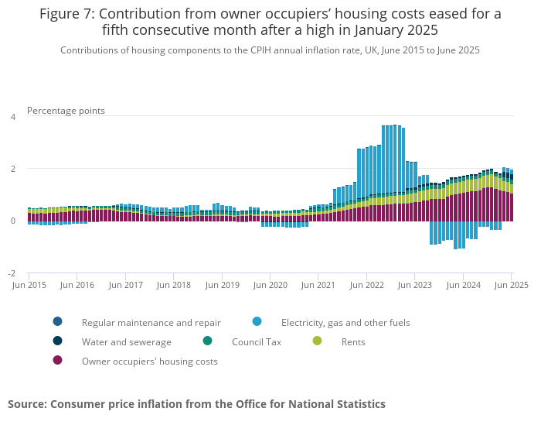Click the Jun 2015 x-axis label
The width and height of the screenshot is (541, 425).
click(x=29, y=285)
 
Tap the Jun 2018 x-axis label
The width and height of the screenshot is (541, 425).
click(x=174, y=285)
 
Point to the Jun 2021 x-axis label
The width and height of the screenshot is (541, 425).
click(x=318, y=285)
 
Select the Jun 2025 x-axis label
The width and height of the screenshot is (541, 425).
click(x=512, y=285)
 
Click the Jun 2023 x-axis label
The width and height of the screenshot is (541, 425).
click(x=415, y=285)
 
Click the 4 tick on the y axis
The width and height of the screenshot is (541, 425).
click(x=12, y=117)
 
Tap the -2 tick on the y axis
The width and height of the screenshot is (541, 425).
click(x=12, y=273)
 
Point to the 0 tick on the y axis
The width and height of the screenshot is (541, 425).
click(x=12, y=221)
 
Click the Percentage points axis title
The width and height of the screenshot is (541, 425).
click(x=66, y=111)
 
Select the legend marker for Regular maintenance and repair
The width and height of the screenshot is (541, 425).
click(x=57, y=322)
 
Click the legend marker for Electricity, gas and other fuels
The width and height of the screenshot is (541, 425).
click(x=257, y=322)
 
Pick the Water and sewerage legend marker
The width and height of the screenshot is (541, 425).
click(x=57, y=341)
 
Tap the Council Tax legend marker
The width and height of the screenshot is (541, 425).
click(x=207, y=341)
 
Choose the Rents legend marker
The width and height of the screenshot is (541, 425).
click(x=317, y=341)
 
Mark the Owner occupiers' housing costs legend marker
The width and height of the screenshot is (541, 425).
click(x=57, y=361)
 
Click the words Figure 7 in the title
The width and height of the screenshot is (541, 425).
click(x=65, y=14)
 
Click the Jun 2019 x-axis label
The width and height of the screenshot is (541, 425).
click(x=222, y=285)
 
